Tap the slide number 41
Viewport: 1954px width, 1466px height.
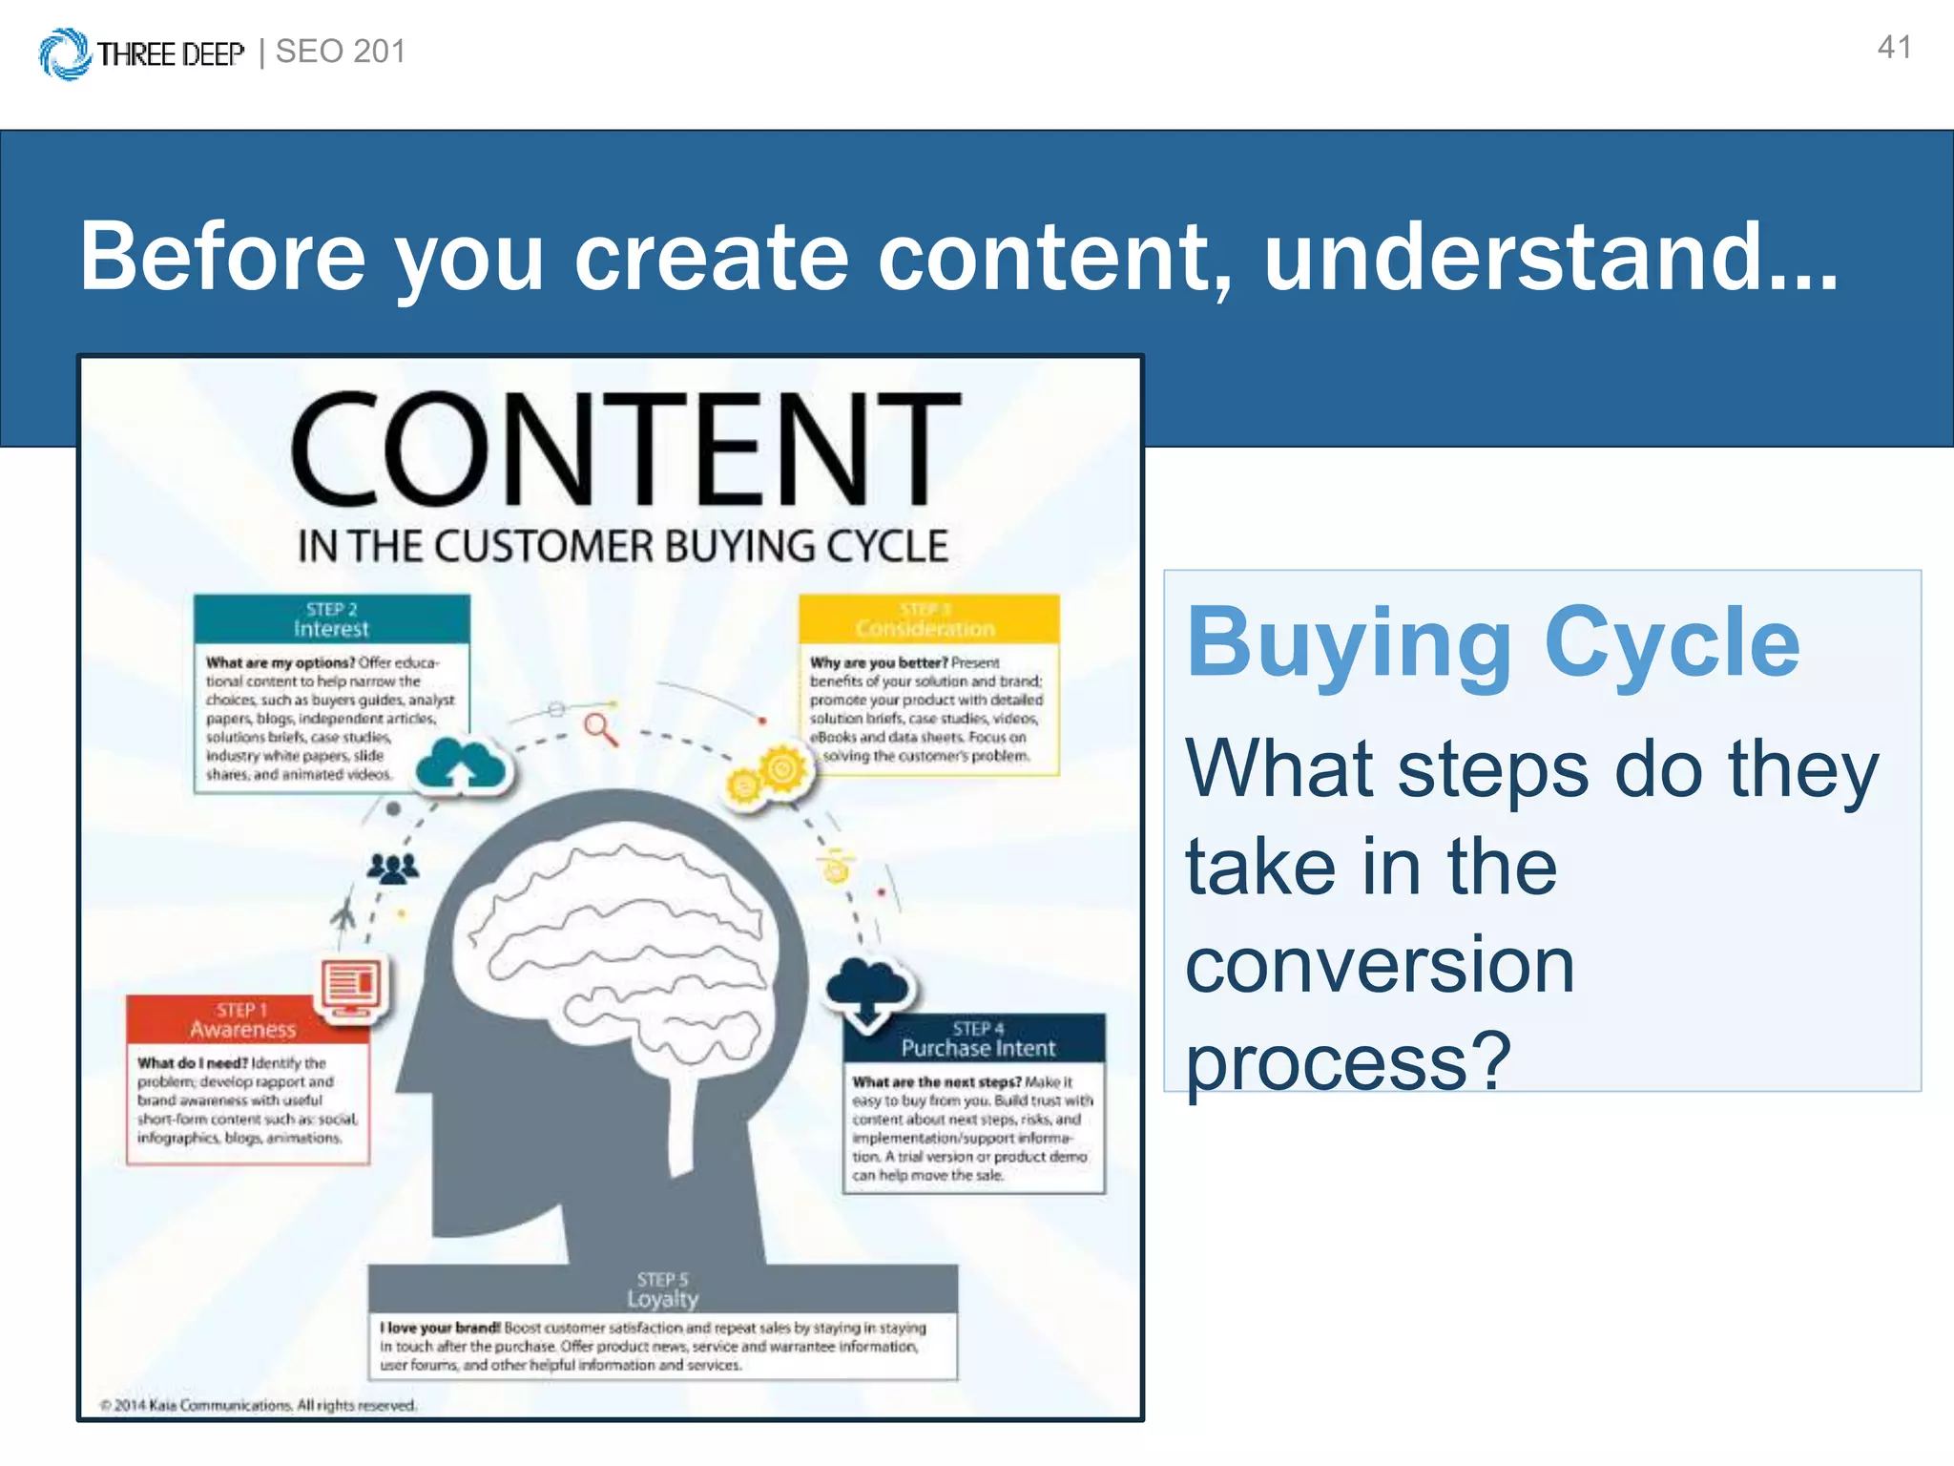tap(1894, 48)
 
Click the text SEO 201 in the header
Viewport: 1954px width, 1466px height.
tap(341, 52)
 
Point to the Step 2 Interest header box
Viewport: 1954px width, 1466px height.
tap(331, 619)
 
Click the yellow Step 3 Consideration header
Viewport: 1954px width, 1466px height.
tap(928, 619)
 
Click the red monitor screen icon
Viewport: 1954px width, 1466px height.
tap(351, 987)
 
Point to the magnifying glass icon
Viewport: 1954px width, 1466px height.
tap(601, 729)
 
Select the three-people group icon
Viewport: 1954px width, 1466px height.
tap(392, 868)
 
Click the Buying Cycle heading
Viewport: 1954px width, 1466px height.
tap(1493, 642)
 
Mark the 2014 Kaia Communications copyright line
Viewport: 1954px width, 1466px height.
tap(260, 1405)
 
